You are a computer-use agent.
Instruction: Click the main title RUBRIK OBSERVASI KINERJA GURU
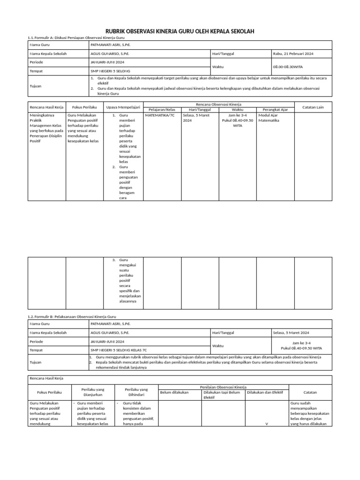pos(180,31)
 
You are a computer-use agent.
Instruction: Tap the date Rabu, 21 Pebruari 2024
pos(293,54)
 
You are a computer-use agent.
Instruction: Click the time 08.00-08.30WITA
pos(291,67)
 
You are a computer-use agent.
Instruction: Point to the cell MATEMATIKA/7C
pos(160,114)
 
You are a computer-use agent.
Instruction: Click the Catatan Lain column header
pos(313,107)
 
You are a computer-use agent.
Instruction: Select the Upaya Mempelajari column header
pos(123,107)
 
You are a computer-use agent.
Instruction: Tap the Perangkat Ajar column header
pos(275,110)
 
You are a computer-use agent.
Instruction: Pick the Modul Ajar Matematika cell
pos(269,117)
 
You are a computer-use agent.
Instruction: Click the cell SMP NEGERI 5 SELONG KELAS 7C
pos(119,350)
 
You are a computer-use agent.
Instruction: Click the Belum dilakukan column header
pos(174,392)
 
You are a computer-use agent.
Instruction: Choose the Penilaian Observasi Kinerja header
pos(223,387)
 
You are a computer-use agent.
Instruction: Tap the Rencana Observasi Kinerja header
pos(218,104)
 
